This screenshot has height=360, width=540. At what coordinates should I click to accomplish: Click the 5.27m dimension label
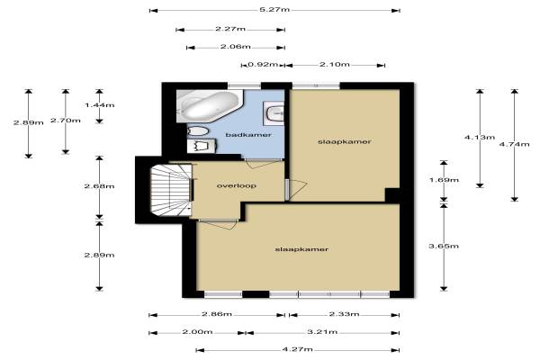point(274,10)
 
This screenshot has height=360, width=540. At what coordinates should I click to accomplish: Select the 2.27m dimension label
point(230,29)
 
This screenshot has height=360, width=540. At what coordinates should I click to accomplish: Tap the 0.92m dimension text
point(263,65)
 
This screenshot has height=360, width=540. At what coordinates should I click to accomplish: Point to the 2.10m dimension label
point(335,65)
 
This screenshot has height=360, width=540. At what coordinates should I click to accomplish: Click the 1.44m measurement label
point(100,104)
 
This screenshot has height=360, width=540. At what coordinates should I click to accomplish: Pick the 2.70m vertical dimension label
point(66,121)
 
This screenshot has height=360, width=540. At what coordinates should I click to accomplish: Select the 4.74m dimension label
point(515,144)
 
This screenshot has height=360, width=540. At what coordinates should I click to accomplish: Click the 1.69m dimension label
point(444,180)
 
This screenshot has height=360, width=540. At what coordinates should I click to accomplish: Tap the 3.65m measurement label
point(444,246)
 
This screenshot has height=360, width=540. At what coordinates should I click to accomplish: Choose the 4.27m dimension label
point(298,349)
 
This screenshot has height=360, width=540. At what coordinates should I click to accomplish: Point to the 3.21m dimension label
point(322,332)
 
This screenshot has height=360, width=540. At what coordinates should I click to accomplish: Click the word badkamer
point(248,135)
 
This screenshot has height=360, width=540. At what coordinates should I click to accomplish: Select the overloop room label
point(236,185)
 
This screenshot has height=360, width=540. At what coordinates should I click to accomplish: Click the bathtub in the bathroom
point(210,106)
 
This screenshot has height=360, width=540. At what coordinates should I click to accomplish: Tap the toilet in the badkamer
point(198,130)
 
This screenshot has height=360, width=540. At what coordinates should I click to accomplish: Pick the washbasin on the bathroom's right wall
point(274,112)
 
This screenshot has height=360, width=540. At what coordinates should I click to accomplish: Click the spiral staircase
point(171,190)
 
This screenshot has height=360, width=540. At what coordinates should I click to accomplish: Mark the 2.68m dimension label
point(100,186)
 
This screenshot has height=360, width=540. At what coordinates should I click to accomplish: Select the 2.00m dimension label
point(197,332)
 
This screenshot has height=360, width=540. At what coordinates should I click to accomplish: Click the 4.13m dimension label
point(480,137)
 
